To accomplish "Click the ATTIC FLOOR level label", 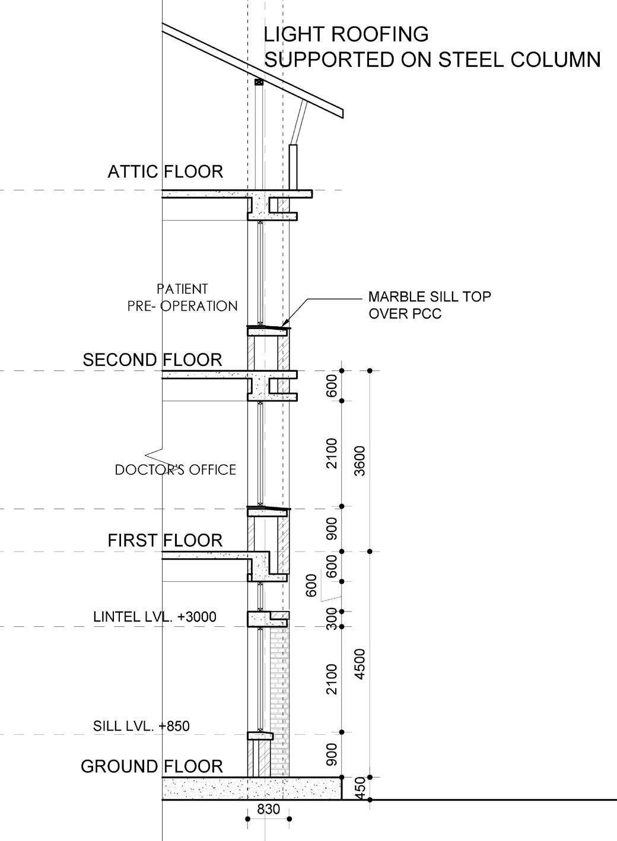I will pos(165,172).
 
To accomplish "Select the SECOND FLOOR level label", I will pos(152,360).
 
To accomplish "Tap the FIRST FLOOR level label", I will pos(165,541).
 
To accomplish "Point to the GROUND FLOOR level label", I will pos(152,766).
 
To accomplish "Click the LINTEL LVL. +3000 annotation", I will pos(155,617).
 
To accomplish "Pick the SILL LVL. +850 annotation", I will pos(142,725).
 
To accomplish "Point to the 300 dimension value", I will pos(332,619).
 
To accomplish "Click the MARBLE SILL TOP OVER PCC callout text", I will pos(430,305).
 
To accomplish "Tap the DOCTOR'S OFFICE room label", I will pos(176,470).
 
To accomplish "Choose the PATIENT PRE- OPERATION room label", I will pos(183,298).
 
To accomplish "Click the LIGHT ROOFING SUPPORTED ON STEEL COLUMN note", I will pos(432,47).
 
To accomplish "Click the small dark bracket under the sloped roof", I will pos(259,82).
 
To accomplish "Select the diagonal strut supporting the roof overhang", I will pos(300,122).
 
